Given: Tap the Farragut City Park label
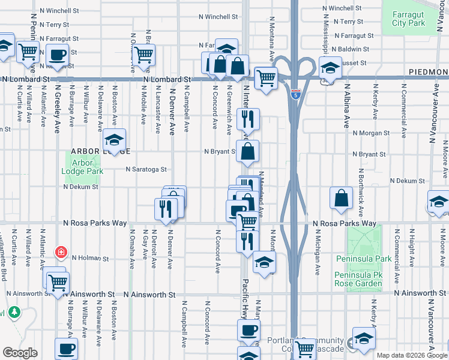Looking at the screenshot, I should pos(408,19).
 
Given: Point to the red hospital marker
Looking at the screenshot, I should pos(60,252).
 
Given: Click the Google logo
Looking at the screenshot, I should pos(19,353).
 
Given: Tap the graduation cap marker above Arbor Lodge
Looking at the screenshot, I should pos(113,141).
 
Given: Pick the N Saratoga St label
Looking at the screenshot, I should pos(145,170).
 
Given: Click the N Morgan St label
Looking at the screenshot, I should pos(371,133).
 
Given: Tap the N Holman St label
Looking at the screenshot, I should pos(90,259).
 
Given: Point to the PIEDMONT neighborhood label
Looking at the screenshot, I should pos(429,71).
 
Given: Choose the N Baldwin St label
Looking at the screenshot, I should pos(351,49).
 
